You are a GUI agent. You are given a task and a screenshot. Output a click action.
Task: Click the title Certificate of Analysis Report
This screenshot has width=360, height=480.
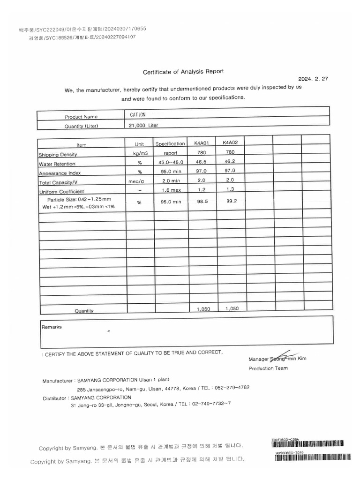(183, 72)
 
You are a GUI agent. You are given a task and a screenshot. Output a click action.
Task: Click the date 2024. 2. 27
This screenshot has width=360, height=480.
(313, 79)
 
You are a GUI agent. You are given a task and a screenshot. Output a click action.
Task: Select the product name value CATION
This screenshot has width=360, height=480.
(138, 115)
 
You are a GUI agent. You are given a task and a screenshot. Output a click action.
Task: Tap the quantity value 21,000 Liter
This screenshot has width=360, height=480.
(144, 126)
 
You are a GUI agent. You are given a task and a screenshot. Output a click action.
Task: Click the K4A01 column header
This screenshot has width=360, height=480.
(201, 143)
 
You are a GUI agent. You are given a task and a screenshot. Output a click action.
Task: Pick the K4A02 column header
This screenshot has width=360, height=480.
(230, 142)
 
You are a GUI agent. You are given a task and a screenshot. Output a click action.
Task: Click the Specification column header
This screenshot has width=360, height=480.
(170, 144)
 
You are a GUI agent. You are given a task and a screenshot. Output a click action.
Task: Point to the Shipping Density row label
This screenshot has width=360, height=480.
(58, 154)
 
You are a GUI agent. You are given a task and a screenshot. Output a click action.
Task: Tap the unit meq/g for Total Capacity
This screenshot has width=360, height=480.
(140, 181)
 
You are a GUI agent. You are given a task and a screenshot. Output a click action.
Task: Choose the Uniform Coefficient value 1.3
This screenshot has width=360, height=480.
(230, 189)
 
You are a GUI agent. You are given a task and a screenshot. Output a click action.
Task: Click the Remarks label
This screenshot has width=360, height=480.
(52, 327)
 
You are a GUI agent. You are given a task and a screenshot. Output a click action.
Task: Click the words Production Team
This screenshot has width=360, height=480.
(268, 368)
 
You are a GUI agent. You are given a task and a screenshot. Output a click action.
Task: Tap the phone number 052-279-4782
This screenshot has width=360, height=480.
(231, 388)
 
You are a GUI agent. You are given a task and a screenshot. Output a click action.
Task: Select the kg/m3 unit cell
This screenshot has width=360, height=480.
(140, 153)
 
